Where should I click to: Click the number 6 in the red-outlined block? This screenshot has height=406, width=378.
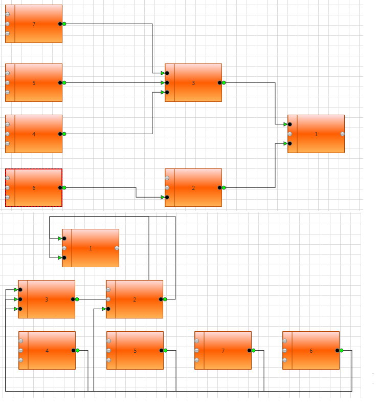(x=34, y=188)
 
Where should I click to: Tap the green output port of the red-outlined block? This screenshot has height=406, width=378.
(x=64, y=187)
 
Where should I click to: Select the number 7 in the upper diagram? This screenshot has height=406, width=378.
(x=34, y=24)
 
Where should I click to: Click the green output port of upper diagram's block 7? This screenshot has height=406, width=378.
(x=64, y=24)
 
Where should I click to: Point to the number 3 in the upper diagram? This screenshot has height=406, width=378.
(x=193, y=83)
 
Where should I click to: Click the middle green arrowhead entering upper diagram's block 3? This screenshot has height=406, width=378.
(x=163, y=82)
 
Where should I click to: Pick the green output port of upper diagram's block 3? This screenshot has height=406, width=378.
(x=224, y=82)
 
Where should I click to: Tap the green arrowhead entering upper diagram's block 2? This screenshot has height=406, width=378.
(x=163, y=197)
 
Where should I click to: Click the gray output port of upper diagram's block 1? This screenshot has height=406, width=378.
(x=342, y=134)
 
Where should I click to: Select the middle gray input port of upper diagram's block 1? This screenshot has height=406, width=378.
(x=290, y=134)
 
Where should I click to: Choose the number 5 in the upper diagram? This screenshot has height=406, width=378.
(x=34, y=83)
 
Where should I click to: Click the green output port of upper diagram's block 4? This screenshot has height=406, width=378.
(x=64, y=134)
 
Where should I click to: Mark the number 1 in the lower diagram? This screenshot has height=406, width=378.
(x=91, y=248)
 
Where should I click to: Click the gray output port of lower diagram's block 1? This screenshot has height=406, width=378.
(x=117, y=248)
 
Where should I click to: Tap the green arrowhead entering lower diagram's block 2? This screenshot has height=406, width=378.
(x=104, y=309)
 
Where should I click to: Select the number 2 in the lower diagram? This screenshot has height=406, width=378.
(x=135, y=300)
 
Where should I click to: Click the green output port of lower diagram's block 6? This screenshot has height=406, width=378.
(x=341, y=350)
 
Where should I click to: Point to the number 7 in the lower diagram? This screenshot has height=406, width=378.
(x=223, y=351)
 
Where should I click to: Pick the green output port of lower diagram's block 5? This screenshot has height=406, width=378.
(x=165, y=350)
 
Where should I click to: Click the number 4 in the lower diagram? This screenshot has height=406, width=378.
(x=47, y=351)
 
